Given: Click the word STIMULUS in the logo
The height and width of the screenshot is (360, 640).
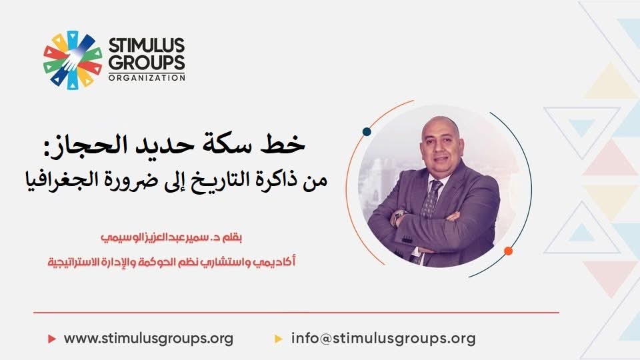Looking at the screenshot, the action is point(147,45).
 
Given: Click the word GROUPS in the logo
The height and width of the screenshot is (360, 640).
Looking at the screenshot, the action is point(147,63).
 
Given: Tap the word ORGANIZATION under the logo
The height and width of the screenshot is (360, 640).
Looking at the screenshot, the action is point(147,77).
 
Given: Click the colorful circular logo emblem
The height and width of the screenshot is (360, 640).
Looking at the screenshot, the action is point(73,60).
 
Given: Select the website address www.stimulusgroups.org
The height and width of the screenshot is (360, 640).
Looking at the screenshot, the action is point(149,339).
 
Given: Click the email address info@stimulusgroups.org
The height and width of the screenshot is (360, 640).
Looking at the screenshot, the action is point(383,339).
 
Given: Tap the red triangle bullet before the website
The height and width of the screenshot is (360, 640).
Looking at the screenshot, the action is point(52,339).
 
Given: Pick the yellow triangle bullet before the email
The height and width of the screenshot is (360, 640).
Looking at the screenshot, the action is point(279,339).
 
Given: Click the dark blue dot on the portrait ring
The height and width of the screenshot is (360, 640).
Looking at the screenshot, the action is point(367,131).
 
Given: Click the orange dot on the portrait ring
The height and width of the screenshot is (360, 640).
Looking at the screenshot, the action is point(508,251).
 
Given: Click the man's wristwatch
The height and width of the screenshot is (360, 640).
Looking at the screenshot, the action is point(397,215).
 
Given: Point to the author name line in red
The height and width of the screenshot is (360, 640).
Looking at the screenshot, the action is point(171,237).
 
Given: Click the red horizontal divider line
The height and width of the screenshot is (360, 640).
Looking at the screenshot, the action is point(296,313).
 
